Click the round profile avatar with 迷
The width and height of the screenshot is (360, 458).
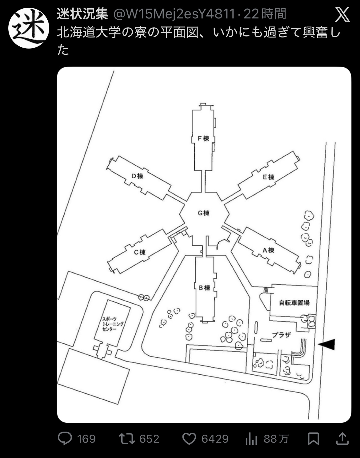point(29,28)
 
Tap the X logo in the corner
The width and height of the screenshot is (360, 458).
point(342,14)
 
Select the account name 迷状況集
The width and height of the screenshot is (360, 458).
point(82,14)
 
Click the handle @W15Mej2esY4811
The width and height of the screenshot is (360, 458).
point(174,14)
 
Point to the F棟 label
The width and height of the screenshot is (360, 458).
point(203,138)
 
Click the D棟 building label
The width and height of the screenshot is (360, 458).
point(137,176)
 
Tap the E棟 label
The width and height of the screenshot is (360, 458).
point(268,177)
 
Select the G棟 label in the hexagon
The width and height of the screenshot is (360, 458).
point(203,213)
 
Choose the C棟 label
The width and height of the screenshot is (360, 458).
point(140,252)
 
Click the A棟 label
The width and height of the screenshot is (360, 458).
point(268,250)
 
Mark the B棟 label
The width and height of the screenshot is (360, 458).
point(204,288)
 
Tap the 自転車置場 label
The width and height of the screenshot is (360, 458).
point(294,303)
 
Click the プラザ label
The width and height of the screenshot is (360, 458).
point(281,335)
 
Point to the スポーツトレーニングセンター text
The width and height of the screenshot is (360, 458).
point(112,324)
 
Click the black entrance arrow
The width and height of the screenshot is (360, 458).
point(326,344)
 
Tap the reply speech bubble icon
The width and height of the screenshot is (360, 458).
point(65,439)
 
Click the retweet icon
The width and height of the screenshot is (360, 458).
point(127,439)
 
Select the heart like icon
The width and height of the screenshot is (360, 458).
point(189,439)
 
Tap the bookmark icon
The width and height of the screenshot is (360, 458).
point(314,439)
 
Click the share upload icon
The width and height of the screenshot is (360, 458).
point(342,439)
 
